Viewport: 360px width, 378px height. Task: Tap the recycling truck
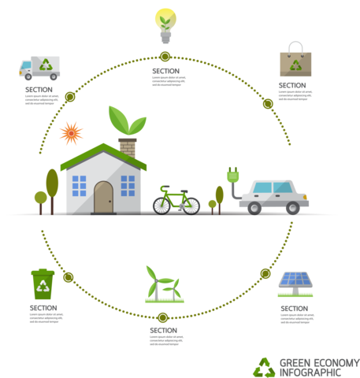(x=39, y=69)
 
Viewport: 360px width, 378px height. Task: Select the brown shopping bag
(x=295, y=61)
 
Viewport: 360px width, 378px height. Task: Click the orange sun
(x=71, y=132)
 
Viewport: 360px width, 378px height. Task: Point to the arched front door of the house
(x=104, y=197)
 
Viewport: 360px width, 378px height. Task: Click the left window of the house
(x=79, y=186)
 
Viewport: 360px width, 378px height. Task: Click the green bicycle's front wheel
(x=187, y=204)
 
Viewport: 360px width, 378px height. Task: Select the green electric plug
(x=233, y=176)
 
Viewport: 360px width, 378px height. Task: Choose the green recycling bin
(x=43, y=284)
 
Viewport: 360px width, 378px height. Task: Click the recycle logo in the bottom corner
(x=263, y=366)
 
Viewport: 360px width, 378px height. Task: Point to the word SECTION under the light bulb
(x=165, y=71)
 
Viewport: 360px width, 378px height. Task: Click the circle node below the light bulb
(x=165, y=56)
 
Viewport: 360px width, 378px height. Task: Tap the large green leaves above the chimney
(x=128, y=120)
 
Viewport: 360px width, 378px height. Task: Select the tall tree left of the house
(x=53, y=187)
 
